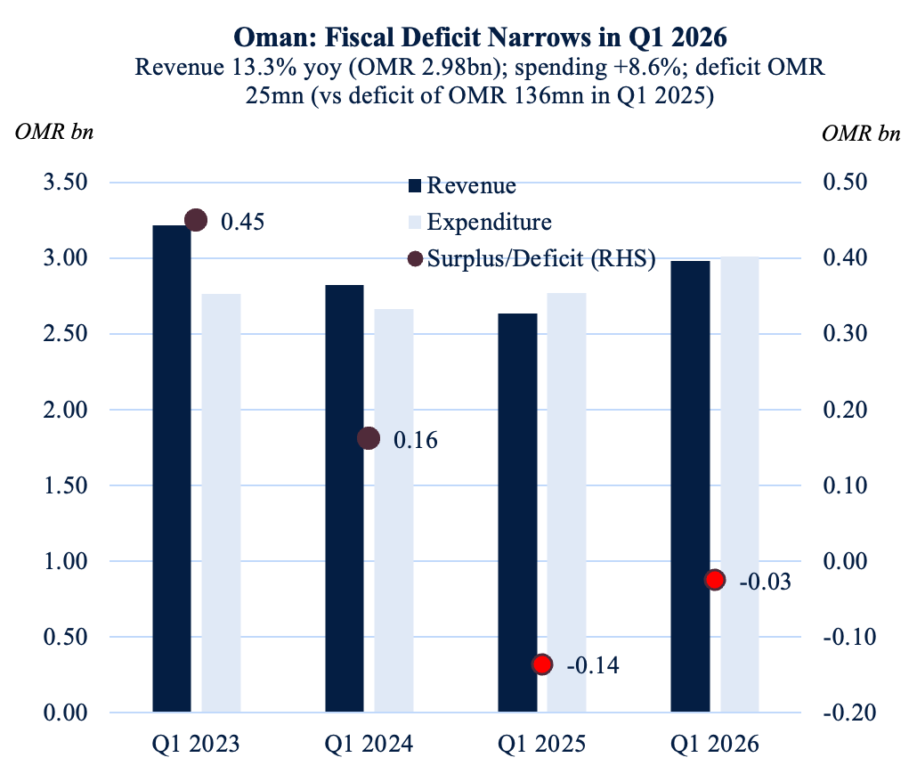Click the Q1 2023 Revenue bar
(171, 468)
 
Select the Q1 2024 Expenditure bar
(394, 510)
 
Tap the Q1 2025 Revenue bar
(517, 513)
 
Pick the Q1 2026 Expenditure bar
(740, 485)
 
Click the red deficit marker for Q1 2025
(542, 664)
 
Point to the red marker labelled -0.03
(715, 580)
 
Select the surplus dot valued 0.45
(196, 221)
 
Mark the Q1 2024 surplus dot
(369, 438)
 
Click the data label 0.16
(416, 440)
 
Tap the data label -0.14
(593, 665)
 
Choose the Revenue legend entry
(462, 185)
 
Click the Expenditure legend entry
(480, 223)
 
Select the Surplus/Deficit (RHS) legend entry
(532, 258)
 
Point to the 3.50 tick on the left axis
(66, 182)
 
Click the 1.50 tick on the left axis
(66, 485)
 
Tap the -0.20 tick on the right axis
(849, 713)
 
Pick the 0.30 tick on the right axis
(845, 333)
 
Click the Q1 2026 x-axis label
(715, 744)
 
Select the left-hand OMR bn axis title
(54, 132)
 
